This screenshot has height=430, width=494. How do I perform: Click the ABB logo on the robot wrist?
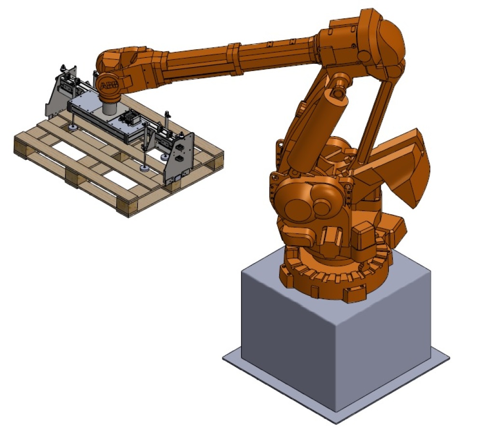pos(109,84)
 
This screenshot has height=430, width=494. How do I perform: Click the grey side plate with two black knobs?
pos(179,158)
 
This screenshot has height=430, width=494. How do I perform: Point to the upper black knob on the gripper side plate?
pos(180,147)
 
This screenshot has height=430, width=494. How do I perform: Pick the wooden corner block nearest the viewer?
pos(127,207)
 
